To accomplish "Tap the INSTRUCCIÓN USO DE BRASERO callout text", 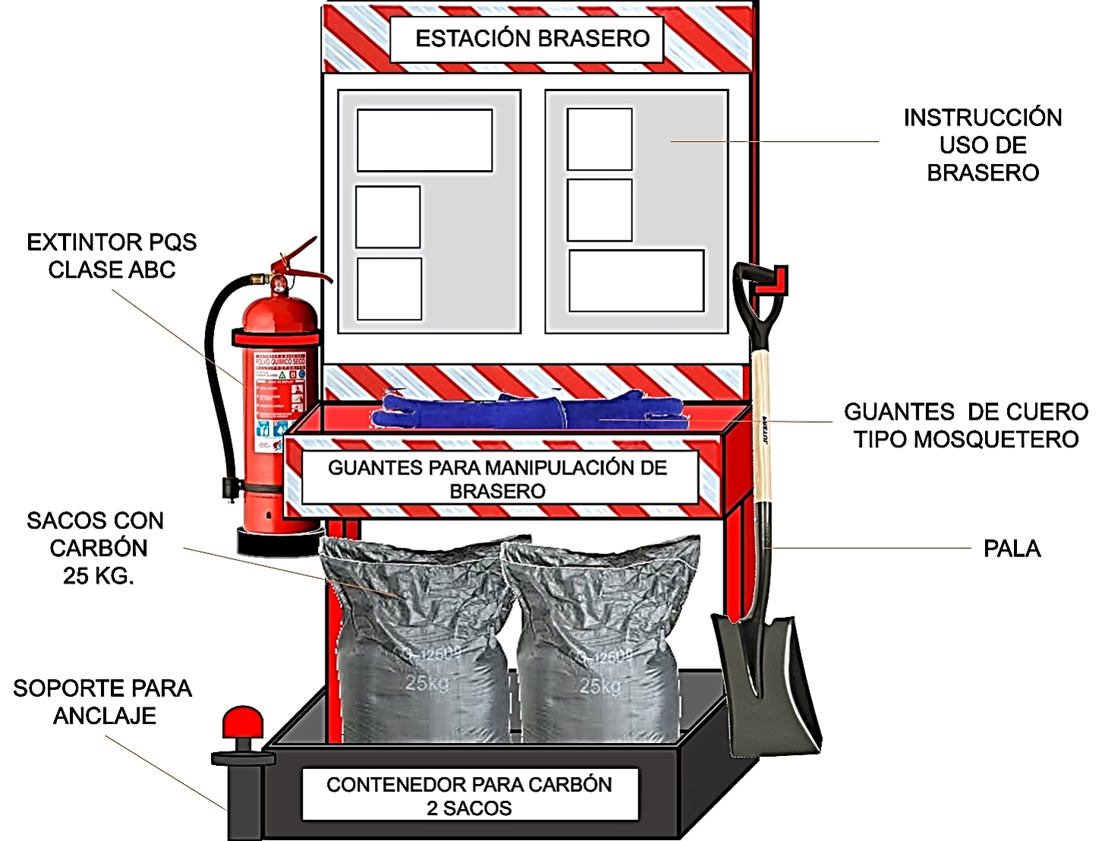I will (x=982, y=145).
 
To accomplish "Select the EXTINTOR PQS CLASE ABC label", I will (x=112, y=256).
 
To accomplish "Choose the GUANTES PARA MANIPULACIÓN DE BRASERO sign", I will (x=499, y=479).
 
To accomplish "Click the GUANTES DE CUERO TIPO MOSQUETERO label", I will (x=965, y=425).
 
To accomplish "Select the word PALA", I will (x=1012, y=549).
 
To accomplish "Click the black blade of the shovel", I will (x=767, y=683).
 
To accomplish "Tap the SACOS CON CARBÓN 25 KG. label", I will (x=96, y=548).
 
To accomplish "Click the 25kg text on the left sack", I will (x=427, y=683).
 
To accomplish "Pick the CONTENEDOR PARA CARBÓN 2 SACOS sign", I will (x=469, y=795).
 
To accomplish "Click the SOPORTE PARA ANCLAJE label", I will (x=102, y=701).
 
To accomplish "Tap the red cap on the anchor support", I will (x=242, y=722).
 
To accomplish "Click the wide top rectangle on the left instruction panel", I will (x=424, y=140).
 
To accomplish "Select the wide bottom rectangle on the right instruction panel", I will (x=636, y=280).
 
